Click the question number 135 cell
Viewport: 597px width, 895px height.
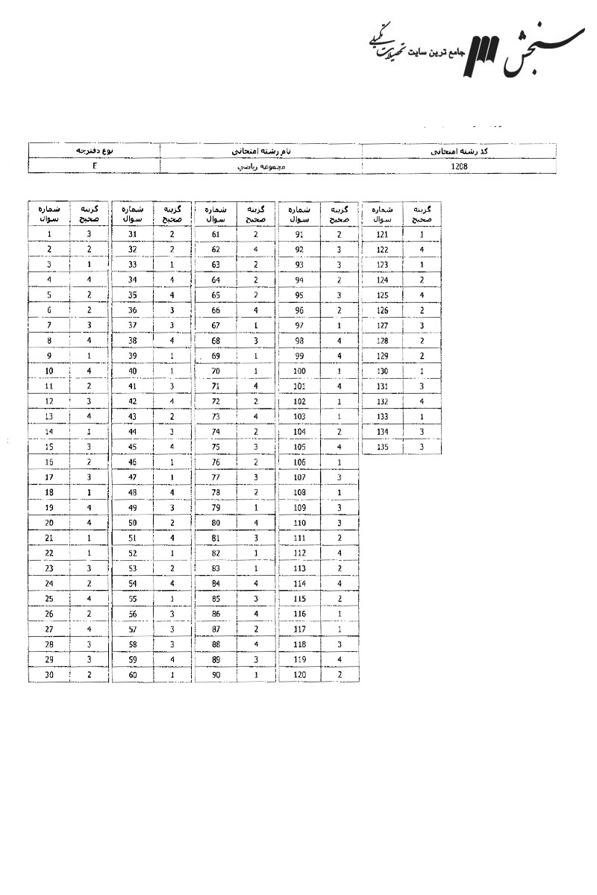(x=382, y=447)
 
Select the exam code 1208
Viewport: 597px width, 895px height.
(x=460, y=167)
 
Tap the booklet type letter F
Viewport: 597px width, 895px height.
(x=95, y=167)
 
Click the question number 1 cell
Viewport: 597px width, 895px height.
(x=49, y=234)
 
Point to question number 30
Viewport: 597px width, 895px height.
(x=49, y=674)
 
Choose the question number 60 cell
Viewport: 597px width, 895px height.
(x=132, y=674)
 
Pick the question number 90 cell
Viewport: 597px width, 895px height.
(x=216, y=674)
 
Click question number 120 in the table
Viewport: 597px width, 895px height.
(x=299, y=674)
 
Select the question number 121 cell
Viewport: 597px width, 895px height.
(x=382, y=234)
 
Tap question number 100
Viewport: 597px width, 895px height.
(x=299, y=371)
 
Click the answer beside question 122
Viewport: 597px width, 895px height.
(x=422, y=249)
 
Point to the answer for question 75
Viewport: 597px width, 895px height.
(x=255, y=447)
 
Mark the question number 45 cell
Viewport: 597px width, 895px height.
(x=132, y=447)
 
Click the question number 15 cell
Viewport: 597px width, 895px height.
(x=49, y=447)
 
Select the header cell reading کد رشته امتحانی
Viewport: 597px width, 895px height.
(x=460, y=151)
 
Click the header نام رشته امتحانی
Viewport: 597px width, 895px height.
(x=261, y=151)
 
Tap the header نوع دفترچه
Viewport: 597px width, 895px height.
(x=95, y=151)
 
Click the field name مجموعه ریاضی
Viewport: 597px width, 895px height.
(x=261, y=167)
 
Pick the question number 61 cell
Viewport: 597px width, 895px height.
(x=216, y=234)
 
